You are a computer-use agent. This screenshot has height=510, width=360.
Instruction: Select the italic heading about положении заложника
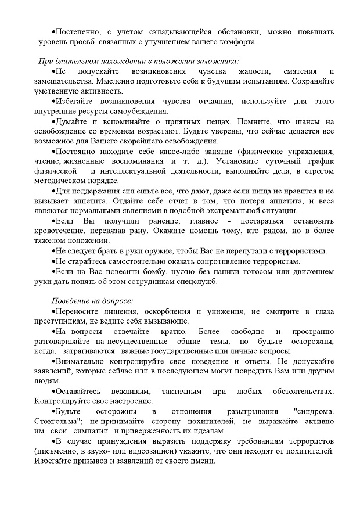(139, 62)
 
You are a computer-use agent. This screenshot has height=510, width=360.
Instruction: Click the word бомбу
(139, 271)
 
